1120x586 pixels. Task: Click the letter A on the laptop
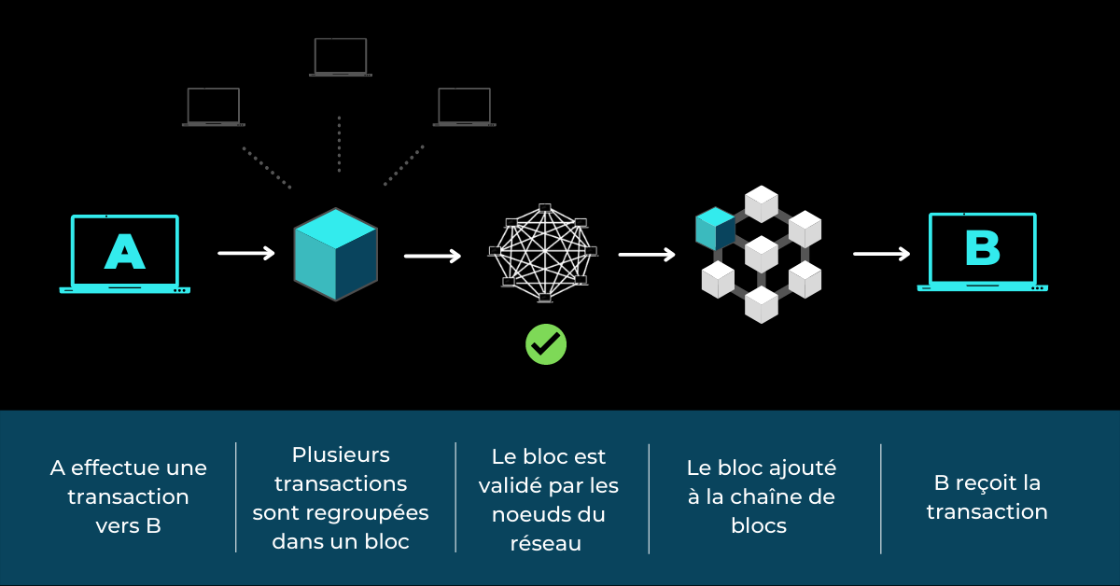coord(124,251)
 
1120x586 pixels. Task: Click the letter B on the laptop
coord(982,248)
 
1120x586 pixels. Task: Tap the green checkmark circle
coord(546,344)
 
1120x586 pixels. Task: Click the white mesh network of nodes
coord(544,252)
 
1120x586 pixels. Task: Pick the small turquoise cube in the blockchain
coord(715,229)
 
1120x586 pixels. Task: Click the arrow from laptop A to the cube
coord(246,252)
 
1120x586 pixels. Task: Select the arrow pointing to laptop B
coord(881,253)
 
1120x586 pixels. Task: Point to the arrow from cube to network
coord(432,255)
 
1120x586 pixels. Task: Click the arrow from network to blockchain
coord(647,254)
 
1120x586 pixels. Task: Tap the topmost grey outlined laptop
coord(341,57)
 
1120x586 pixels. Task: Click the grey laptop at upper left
coord(214,106)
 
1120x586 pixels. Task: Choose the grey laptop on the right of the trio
coord(464,106)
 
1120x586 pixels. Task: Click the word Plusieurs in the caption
coord(341,455)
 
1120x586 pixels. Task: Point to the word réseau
coord(546,544)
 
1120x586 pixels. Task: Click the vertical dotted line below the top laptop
coord(339,144)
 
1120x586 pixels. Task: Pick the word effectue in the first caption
coord(114,467)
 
